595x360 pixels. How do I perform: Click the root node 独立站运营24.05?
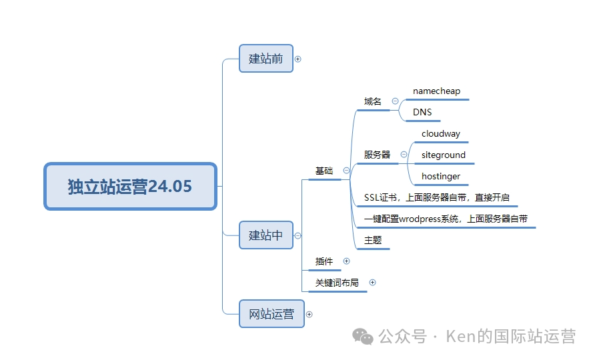click(x=131, y=186)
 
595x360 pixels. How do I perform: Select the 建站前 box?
click(x=266, y=59)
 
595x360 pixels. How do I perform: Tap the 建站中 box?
click(x=266, y=235)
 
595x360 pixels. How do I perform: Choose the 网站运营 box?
click(x=271, y=314)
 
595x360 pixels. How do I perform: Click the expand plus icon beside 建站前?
click(x=298, y=59)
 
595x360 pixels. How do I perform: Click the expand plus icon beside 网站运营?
click(x=309, y=314)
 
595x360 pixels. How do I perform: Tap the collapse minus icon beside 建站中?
click(x=297, y=235)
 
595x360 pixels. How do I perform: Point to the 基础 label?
click(x=324, y=171)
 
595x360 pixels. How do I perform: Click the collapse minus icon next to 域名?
click(x=395, y=101)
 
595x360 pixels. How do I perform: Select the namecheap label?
click(x=436, y=91)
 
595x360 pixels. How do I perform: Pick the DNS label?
click(x=422, y=112)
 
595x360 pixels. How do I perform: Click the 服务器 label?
click(x=377, y=155)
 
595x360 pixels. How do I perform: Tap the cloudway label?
click(x=440, y=133)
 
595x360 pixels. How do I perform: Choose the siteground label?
click(x=444, y=155)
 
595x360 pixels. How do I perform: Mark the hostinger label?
click(x=440, y=177)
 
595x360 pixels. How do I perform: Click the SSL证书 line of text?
click(x=436, y=197)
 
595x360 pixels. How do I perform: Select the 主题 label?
click(x=373, y=240)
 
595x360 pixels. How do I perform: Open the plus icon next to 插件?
click(x=346, y=261)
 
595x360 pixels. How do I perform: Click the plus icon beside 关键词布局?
click(x=372, y=283)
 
